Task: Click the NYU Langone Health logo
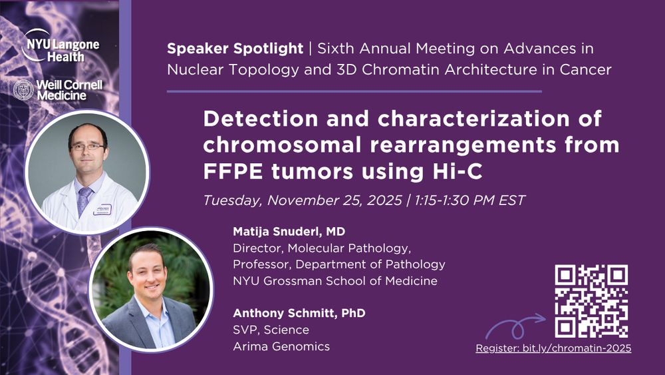click(61, 46)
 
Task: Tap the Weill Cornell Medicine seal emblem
click(23, 90)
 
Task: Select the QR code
click(591, 301)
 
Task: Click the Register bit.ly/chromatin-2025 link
click(553, 348)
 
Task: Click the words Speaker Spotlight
click(235, 49)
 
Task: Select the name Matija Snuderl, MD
click(289, 231)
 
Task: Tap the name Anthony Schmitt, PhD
click(299, 313)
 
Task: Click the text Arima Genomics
click(281, 346)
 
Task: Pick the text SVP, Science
click(271, 330)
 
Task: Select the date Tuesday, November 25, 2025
click(303, 200)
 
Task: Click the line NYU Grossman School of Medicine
click(335, 280)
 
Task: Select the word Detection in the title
click(261, 119)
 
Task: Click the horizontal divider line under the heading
click(354, 91)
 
